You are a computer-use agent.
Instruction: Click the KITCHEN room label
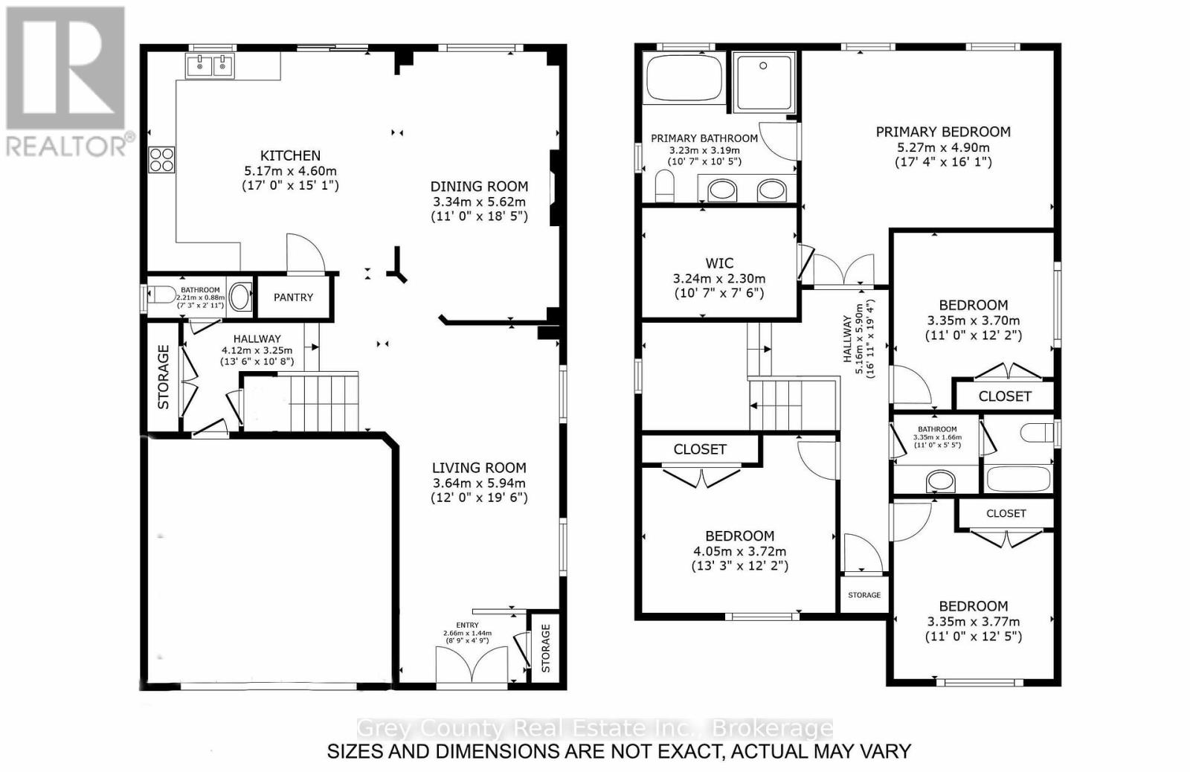coord(290,155)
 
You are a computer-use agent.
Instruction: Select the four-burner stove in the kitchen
coord(162,159)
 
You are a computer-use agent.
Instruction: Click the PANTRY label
coord(293,297)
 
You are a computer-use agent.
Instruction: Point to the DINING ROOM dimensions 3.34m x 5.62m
coord(479,202)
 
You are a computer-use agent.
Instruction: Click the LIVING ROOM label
coord(479,468)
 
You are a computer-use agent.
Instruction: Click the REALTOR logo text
coord(67,146)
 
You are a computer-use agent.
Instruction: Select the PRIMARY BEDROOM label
coord(943,132)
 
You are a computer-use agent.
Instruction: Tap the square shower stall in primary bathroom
coord(763,81)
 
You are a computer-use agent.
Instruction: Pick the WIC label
coord(719,263)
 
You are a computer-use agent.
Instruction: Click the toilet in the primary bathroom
coord(665,184)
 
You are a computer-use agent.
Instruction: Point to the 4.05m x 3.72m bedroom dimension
coord(740,552)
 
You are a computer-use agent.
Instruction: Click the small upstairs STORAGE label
coord(864,595)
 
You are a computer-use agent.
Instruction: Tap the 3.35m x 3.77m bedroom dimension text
coord(973,623)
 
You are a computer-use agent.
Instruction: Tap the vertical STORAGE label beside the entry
coord(546,648)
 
